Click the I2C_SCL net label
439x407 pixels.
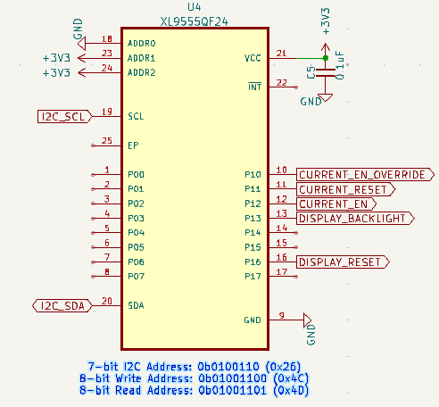pos(65,116)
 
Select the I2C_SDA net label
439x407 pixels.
pos(62,306)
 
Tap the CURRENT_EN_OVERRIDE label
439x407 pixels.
pos(365,175)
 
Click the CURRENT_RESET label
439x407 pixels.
pos(346,189)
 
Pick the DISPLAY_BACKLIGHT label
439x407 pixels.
pos(355,219)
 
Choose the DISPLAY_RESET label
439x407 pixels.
pos(343,262)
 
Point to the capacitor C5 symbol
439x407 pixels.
pos(326,73)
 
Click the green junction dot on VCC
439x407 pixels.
pos(326,58)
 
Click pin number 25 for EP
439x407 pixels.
pos(107,140)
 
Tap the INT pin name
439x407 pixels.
pos(255,87)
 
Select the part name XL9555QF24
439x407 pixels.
pos(195,21)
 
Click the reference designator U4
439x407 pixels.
pos(195,7)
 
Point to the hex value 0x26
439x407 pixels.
pos(283,367)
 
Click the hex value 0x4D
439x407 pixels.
pos(291,390)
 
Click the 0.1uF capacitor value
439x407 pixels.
pos(340,65)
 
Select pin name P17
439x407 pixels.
pos(253,277)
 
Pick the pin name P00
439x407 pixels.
pos(136,174)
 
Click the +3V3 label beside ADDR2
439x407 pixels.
pos(56,73)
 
